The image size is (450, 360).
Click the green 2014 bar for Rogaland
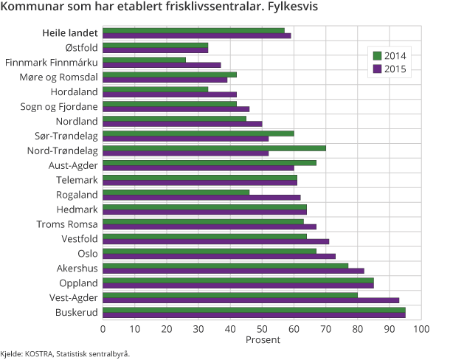point(176,192)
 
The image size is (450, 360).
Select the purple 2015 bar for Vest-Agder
point(251,300)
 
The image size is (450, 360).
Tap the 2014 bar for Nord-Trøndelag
point(214,148)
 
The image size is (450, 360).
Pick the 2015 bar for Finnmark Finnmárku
point(162,65)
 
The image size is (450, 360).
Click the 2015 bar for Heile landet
point(196,35)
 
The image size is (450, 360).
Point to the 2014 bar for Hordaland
point(155,89)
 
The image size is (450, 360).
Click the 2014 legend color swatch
point(377,55)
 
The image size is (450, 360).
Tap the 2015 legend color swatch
point(377,69)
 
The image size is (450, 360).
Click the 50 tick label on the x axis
point(263,328)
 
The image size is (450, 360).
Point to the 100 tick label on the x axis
point(422,328)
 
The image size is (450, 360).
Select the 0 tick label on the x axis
point(103,328)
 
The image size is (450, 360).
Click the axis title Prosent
point(262,340)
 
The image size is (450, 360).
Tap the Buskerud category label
point(77,312)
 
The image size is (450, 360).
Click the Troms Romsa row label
point(67,224)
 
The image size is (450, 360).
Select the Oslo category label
point(88,253)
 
